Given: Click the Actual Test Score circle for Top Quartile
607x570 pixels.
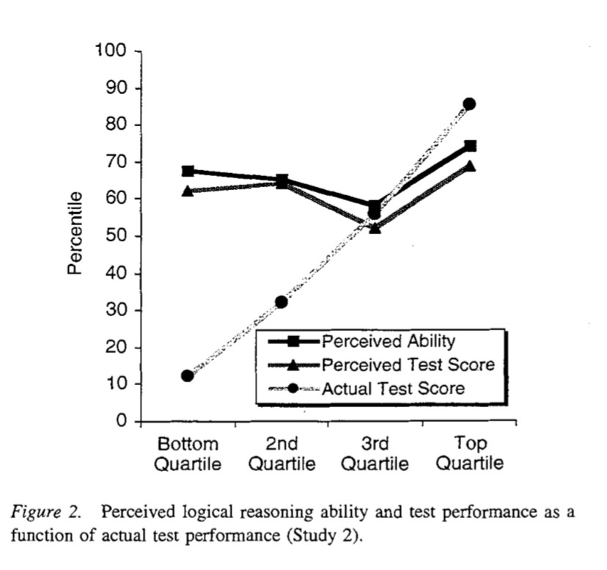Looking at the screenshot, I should coord(469,104).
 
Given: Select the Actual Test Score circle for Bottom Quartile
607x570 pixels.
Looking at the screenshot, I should coord(188,376).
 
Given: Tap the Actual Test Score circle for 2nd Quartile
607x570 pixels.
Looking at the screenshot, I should coord(282,302).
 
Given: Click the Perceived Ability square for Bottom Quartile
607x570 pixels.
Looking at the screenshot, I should coord(188,171).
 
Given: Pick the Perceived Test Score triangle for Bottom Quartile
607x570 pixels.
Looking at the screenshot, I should coord(188,191).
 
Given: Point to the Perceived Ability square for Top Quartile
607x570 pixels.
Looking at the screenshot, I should coord(470,146).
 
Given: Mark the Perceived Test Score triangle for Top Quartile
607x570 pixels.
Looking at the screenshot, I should coord(470,166).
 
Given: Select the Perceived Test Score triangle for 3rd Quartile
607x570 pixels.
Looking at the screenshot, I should coord(375,228).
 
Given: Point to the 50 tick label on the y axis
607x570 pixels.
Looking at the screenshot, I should coord(116,236).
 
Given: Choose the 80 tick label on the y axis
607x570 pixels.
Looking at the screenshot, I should coord(116,125).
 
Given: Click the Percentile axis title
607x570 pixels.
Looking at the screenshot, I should coord(74,233).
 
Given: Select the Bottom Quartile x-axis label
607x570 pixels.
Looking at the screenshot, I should coord(188,454).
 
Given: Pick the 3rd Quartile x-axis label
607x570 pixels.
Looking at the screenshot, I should coord(375,454).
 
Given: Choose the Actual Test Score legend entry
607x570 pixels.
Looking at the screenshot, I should coord(393,388).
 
